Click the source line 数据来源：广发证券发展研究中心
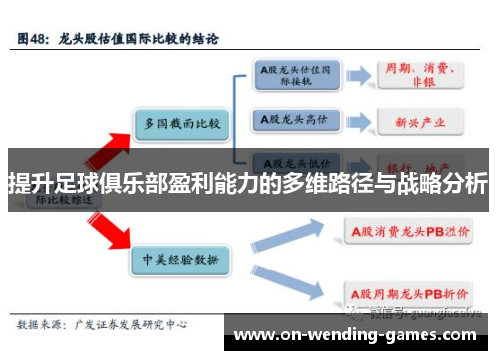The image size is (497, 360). (99, 324)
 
